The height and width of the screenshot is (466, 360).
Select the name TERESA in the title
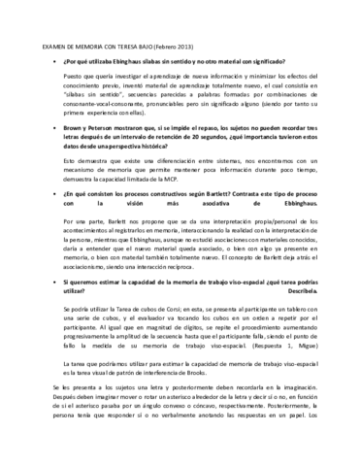(x=134, y=44)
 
